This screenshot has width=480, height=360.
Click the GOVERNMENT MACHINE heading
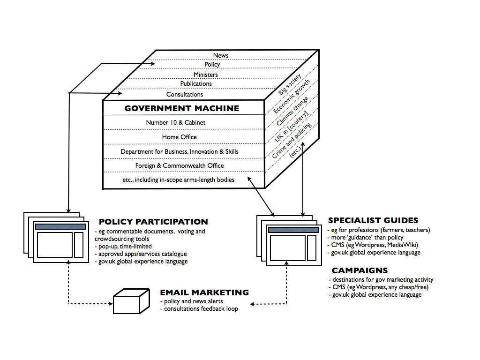coord(182,108)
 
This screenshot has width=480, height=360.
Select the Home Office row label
coord(180,137)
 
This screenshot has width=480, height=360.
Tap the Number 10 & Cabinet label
coord(176,122)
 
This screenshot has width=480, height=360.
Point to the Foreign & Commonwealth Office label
coord(180,165)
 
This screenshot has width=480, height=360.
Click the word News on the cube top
coord(221,55)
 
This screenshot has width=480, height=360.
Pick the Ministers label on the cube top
coord(206,75)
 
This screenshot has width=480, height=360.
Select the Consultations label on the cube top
coord(185,94)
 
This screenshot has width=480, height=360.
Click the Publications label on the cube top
coord(196,83)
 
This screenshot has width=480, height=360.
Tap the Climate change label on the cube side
coord(292,111)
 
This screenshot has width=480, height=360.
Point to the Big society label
coord(290,84)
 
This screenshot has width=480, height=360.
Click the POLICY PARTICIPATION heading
coord(153,222)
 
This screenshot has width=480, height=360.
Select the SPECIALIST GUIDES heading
coord(373,220)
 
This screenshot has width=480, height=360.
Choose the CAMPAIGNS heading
coord(360,270)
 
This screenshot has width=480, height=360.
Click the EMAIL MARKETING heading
coord(204,292)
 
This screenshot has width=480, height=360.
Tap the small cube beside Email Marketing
coord(131,301)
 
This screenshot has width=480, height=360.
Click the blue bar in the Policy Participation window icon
coord(60,226)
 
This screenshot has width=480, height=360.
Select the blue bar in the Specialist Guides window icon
coord(293,230)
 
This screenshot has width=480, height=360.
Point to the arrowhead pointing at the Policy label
coord(153,64)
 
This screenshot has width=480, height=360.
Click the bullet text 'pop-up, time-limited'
coord(123,247)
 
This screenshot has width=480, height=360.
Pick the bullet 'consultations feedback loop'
coord(199,309)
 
